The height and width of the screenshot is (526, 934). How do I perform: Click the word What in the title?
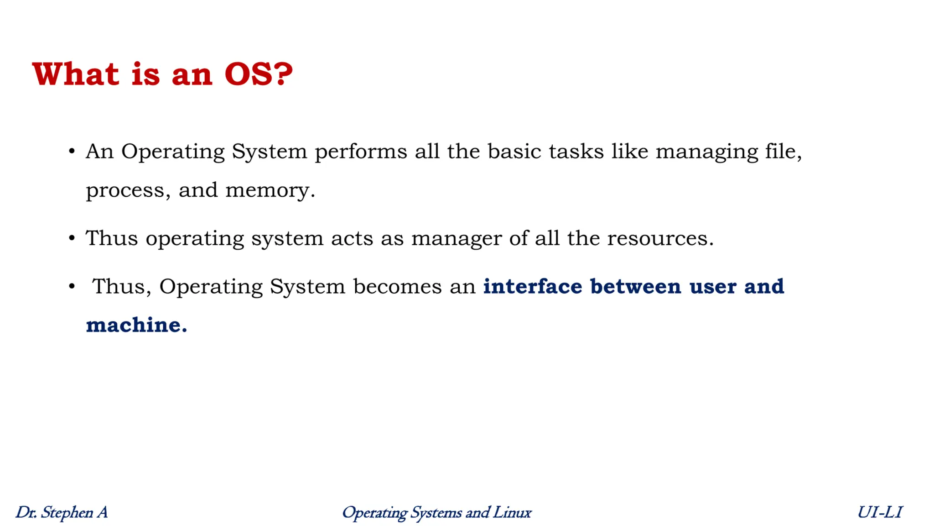(76, 74)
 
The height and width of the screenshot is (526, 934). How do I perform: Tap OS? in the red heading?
(258, 74)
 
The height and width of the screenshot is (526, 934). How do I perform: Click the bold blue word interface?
(532, 286)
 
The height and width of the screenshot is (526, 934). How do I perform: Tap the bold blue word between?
(635, 286)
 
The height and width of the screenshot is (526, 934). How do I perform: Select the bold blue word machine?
(136, 325)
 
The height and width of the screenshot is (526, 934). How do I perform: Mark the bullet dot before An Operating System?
(72, 151)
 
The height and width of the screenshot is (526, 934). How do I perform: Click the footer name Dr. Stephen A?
(62, 512)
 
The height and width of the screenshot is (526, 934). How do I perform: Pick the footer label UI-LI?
(879, 512)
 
